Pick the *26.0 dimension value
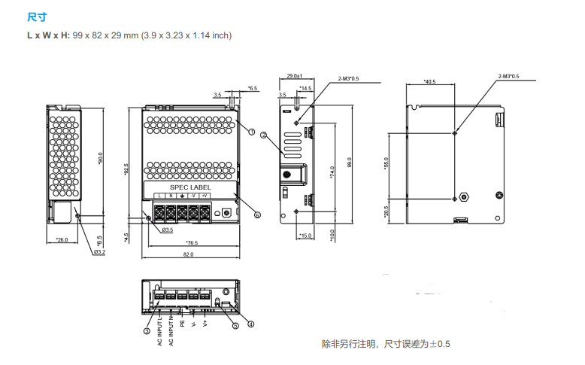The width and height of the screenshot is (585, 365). (x=62, y=240)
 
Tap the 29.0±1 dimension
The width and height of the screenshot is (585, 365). (x=294, y=76)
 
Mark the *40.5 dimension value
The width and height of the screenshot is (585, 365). (x=429, y=81)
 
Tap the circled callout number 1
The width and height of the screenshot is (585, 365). (x=251, y=131)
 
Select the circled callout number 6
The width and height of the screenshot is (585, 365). (x=257, y=214)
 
